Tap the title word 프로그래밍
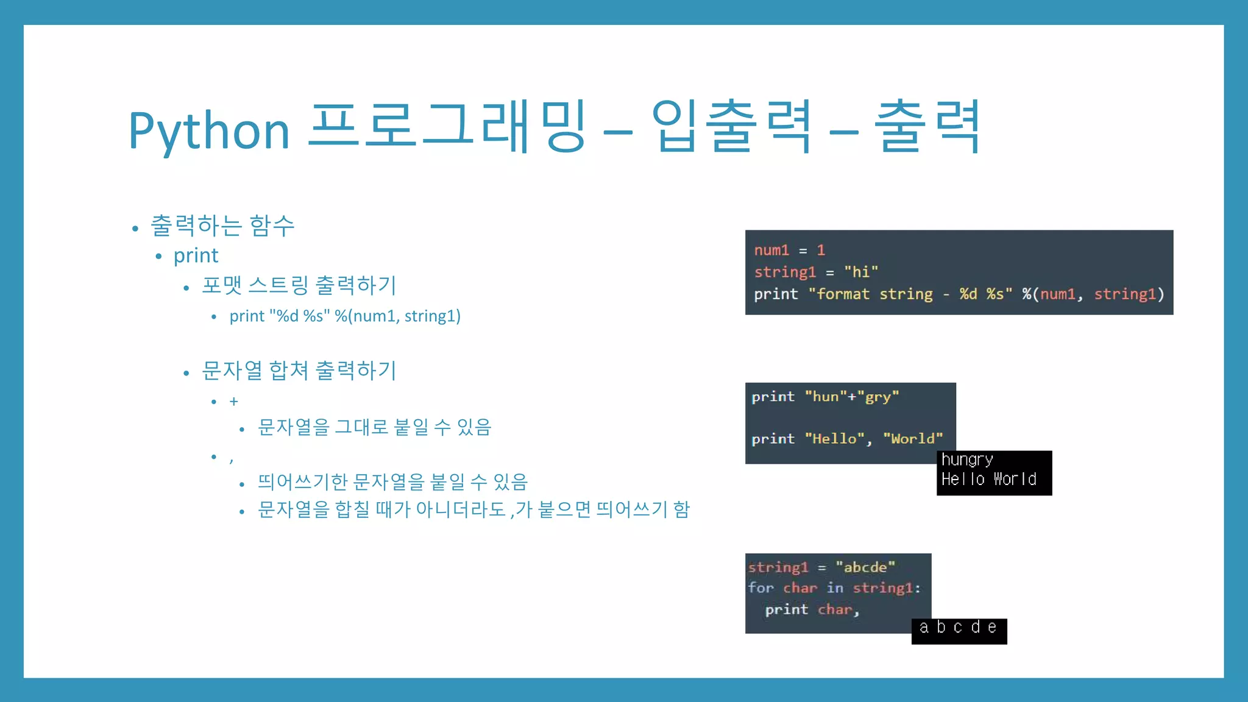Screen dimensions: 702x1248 (447, 126)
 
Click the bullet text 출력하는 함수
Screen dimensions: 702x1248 (222, 226)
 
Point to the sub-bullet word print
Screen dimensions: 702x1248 (196, 256)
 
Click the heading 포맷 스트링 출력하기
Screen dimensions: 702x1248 (299, 285)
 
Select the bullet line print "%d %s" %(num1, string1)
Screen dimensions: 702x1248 (345, 316)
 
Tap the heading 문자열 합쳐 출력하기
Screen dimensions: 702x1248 (299, 370)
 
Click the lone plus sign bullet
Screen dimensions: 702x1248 (233, 402)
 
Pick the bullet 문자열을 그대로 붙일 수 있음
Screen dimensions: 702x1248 (374, 427)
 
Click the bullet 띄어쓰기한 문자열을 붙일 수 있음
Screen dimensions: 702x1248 (392, 482)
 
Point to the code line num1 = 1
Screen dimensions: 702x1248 (789, 250)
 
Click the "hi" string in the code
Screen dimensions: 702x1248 (861, 272)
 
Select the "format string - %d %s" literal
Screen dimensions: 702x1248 (910, 294)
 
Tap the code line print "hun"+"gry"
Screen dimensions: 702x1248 (825, 397)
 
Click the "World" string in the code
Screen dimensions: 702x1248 (913, 439)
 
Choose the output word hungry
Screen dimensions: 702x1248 (967, 459)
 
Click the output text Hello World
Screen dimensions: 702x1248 (988, 480)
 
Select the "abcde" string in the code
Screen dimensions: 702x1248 (865, 567)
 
